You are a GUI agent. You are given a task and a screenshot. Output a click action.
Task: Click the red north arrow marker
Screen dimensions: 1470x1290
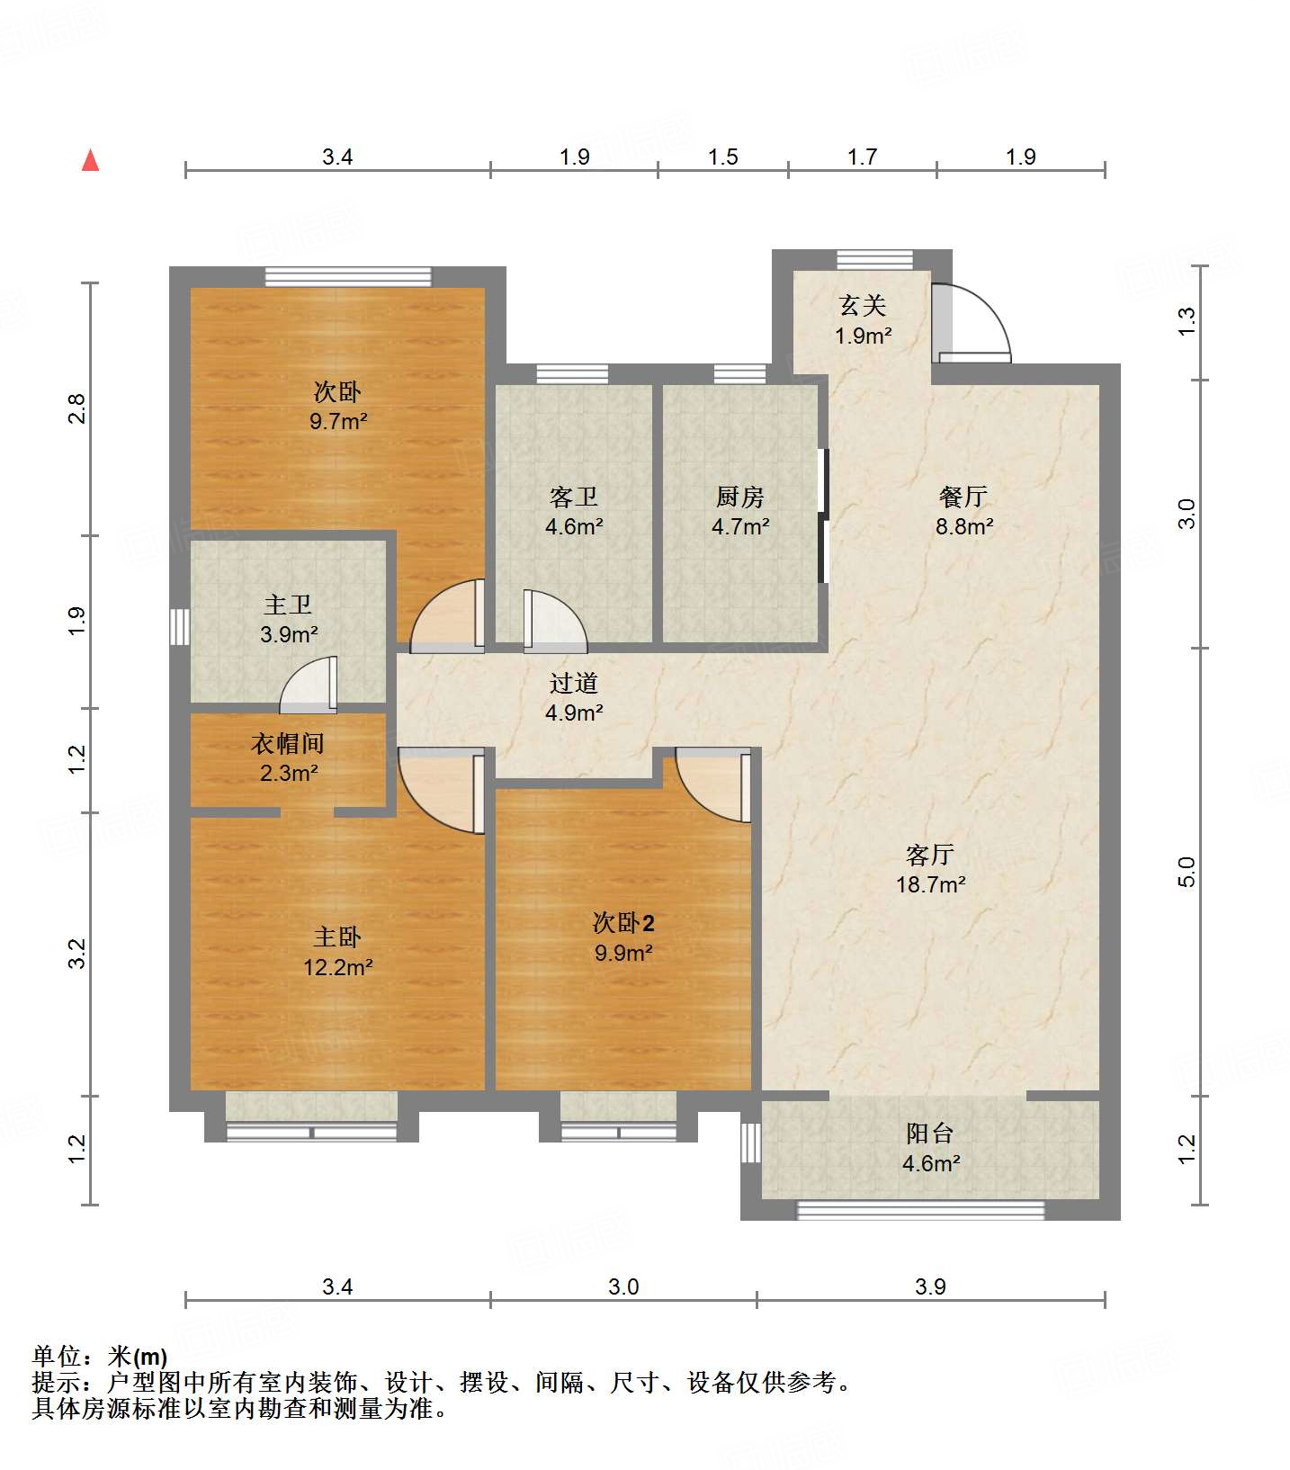click(90, 160)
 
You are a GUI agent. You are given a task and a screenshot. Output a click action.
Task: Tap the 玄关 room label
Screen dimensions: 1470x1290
click(863, 306)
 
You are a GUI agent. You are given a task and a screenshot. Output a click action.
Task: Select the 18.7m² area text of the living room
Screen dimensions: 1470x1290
click(930, 884)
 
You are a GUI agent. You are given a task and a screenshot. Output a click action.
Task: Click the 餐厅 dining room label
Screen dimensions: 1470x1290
click(963, 496)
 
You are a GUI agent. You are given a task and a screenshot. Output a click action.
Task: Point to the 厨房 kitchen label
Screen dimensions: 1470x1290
click(739, 496)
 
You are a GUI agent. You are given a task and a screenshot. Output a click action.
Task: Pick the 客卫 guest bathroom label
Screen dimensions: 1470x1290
click(573, 496)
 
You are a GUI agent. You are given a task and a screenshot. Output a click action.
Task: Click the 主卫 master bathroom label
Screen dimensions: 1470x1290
click(288, 605)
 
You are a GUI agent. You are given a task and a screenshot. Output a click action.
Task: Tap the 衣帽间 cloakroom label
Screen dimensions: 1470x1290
click(288, 743)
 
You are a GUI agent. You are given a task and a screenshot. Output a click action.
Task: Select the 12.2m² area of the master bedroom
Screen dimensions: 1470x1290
click(337, 967)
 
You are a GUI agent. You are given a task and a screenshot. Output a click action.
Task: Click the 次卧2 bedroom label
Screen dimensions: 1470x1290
click(623, 922)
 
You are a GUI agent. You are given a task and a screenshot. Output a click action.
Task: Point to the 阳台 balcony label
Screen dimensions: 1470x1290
click(930, 1133)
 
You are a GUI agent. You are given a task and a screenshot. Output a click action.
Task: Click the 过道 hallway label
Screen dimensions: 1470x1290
click(573, 683)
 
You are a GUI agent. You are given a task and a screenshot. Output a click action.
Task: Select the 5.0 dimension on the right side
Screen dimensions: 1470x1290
click(1187, 872)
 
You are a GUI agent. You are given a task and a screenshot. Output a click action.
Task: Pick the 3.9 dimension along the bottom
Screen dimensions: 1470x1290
click(930, 1286)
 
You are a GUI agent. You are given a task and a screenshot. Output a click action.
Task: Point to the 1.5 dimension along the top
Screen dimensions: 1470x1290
click(722, 157)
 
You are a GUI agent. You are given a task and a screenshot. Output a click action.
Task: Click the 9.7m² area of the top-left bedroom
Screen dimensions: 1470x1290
click(337, 421)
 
